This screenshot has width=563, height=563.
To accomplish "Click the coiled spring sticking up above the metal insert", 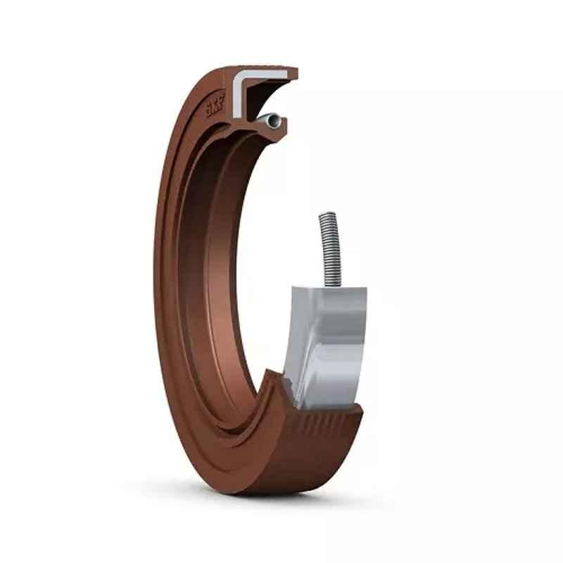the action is click(330, 250).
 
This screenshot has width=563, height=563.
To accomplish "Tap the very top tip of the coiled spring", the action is click(327, 213).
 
